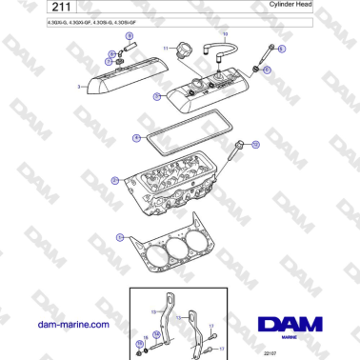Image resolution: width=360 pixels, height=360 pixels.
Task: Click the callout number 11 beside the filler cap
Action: [164, 47]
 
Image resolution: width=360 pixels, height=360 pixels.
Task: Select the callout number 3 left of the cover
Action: [79, 86]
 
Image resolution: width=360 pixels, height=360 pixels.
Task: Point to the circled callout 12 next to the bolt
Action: [254, 145]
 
